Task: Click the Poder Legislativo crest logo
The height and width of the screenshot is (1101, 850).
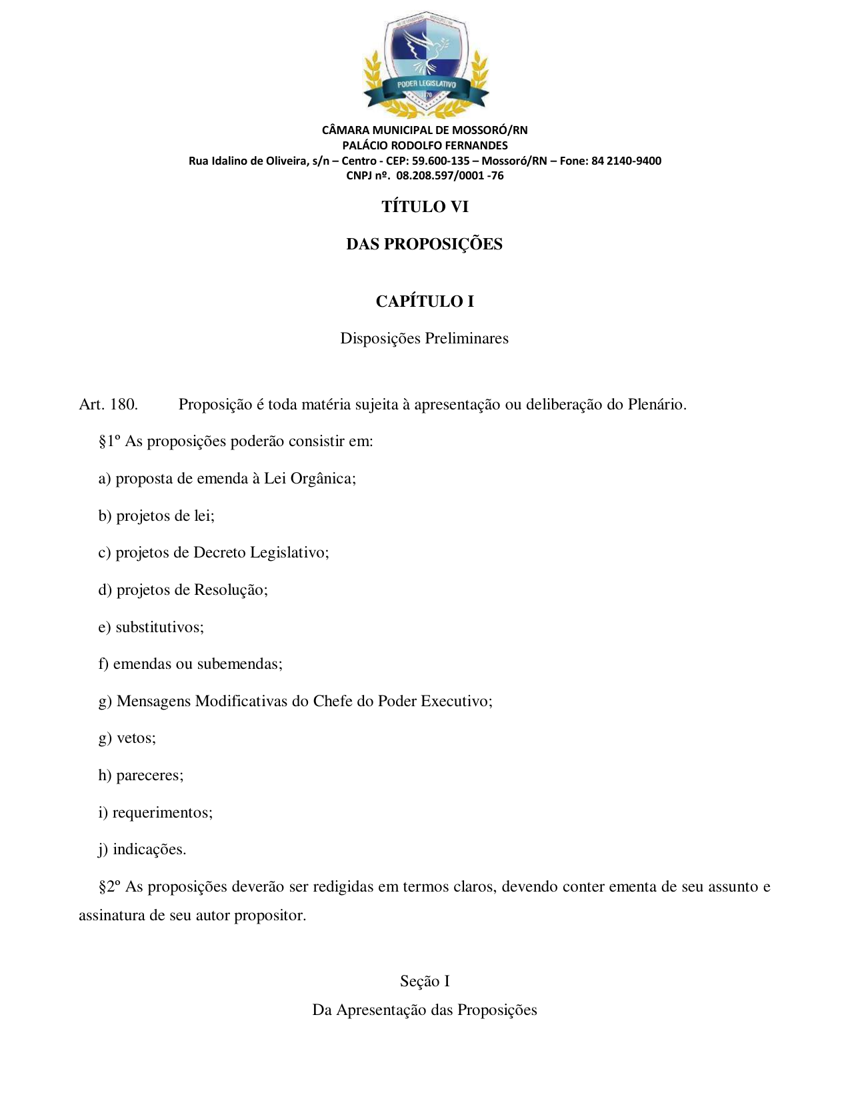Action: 425,64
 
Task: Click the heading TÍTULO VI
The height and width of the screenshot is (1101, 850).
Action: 425,207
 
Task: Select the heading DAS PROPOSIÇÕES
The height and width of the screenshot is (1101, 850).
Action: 424,244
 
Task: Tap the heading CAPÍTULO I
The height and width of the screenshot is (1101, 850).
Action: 425,301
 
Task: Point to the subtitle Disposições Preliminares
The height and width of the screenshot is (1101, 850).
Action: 424,339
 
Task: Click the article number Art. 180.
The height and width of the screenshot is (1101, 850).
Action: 108,405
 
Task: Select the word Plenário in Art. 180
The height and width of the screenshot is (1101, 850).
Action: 657,405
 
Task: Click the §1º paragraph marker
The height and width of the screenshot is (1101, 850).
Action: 109,441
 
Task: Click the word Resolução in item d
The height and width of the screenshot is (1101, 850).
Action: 230,590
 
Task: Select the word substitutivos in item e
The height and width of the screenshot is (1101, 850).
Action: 159,628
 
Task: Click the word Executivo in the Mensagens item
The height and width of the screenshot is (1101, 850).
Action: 456,702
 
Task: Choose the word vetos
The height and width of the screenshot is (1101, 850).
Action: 136,738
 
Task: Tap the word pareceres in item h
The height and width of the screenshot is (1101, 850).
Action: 149,776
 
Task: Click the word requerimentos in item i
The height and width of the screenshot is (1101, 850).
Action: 162,813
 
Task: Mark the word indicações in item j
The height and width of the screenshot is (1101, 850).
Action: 149,850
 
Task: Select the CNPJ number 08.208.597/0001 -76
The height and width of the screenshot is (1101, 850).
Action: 450,176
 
